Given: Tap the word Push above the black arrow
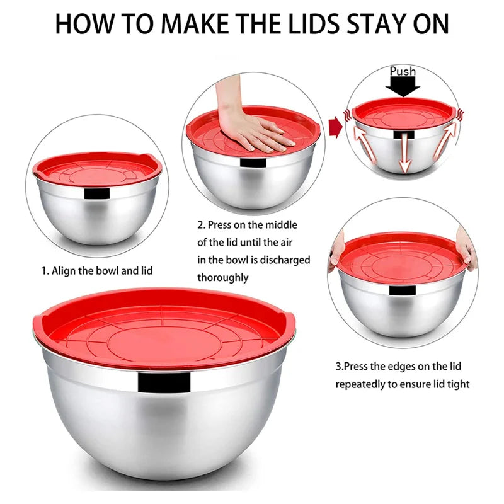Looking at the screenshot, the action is (403, 71).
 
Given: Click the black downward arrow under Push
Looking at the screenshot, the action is (403, 87).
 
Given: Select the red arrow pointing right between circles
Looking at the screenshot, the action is (336, 127).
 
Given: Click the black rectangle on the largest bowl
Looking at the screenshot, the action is (164, 382).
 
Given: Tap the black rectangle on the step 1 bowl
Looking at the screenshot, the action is (97, 193).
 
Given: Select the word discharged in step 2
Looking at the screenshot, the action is (285, 260).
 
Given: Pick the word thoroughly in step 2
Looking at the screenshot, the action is (223, 277).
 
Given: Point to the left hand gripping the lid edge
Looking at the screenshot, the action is (336, 253).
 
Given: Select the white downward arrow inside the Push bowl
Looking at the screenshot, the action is (404, 152).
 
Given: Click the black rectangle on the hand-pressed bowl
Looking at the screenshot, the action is (253, 163).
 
